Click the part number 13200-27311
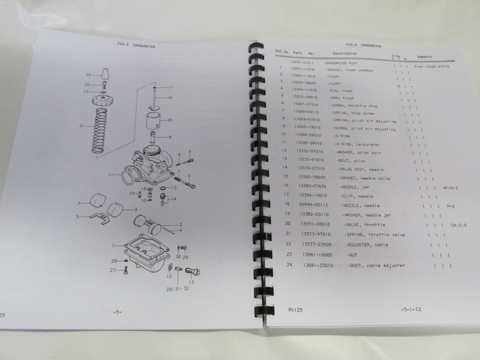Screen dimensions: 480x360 click(x=301, y=62)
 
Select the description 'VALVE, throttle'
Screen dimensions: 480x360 click(x=364, y=225)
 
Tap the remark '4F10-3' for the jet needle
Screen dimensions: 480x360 click(x=451, y=188)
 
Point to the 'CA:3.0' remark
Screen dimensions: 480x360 click(x=459, y=225)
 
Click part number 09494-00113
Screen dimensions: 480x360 click(x=313, y=205)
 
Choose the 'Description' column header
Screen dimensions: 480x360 click(x=345, y=53)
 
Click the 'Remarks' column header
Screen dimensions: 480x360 click(x=424, y=57)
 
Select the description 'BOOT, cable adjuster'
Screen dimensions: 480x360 click(x=376, y=265)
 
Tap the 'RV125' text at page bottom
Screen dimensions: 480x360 click(x=295, y=310)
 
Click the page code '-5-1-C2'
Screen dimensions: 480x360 click(x=411, y=309)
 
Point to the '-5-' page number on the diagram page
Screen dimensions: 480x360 click(x=117, y=312)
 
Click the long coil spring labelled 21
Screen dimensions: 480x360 click(x=100, y=131)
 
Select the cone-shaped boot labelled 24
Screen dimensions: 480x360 click(x=105, y=74)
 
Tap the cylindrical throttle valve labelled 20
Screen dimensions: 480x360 click(x=153, y=121)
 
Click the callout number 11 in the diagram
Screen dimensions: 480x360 click(x=111, y=175)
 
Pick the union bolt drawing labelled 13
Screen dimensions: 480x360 click(x=192, y=271)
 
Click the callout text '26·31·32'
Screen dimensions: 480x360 click(x=178, y=289)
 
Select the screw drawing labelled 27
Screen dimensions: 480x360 click(x=125, y=270)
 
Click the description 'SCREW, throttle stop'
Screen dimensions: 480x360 click(x=354, y=106)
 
